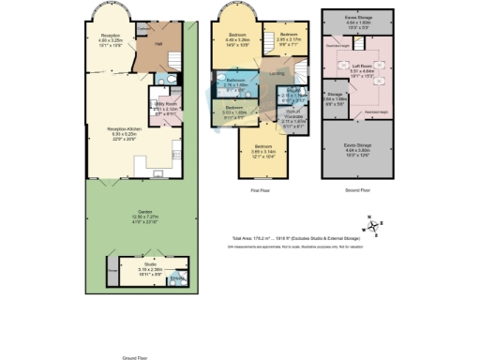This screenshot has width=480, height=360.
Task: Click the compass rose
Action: coord(372,224)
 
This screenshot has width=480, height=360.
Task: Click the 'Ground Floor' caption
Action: coord(139,357)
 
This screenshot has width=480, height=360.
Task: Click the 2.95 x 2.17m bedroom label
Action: coord(290,37)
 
